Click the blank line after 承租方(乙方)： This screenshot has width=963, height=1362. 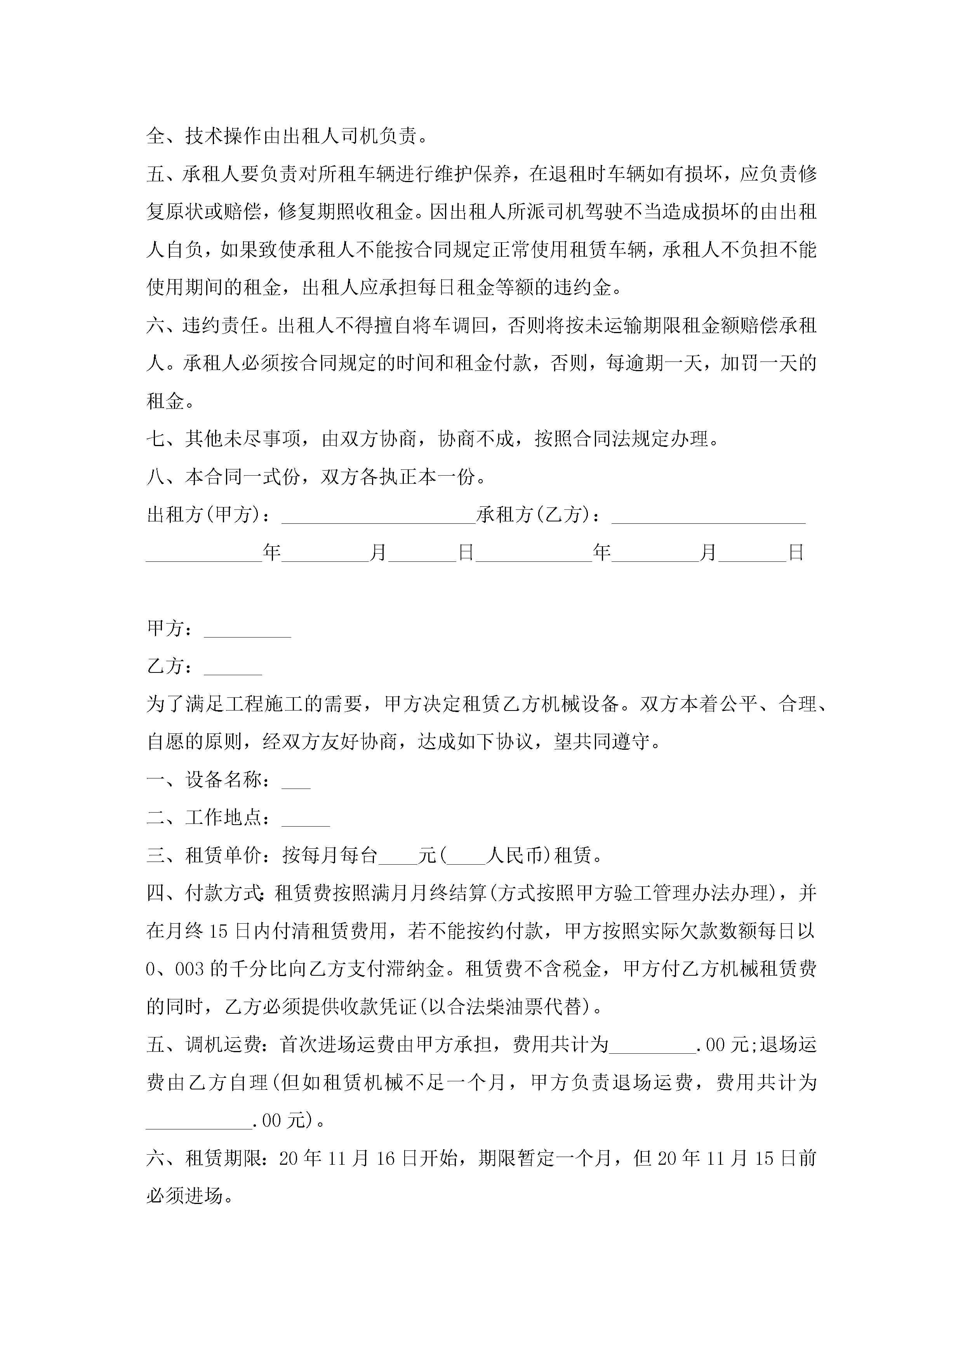(708, 516)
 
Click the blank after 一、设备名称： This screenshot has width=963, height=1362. (296, 781)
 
